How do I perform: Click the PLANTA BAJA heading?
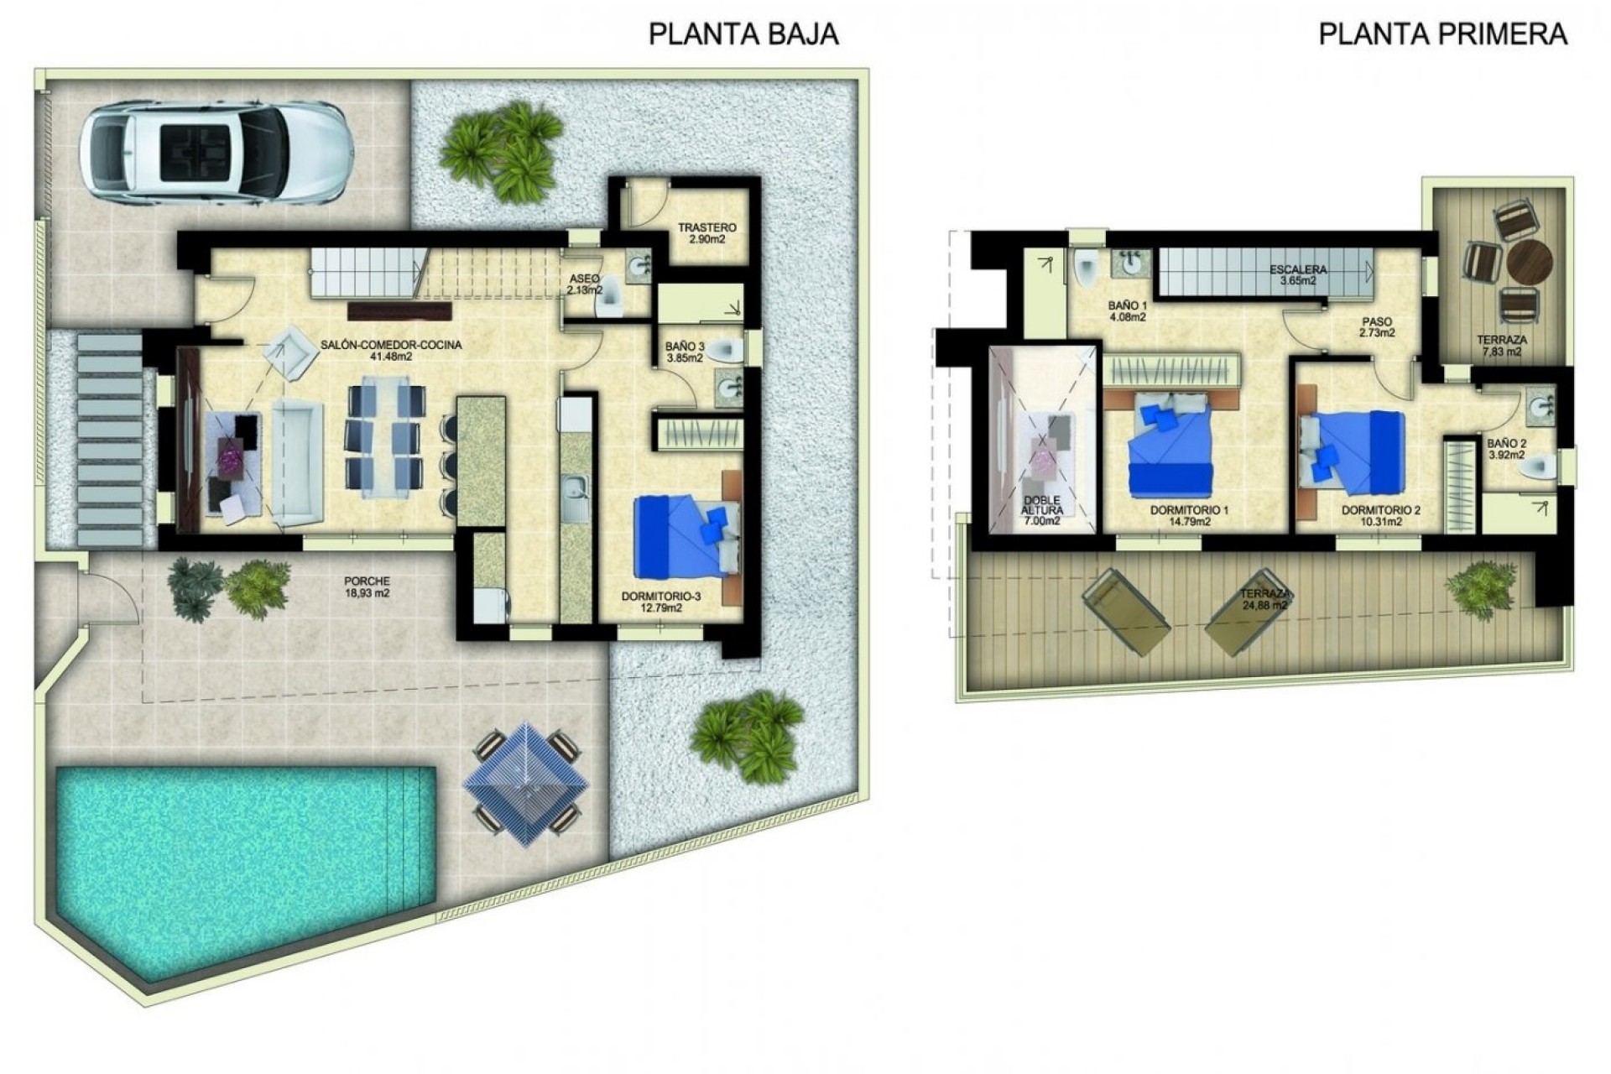743,34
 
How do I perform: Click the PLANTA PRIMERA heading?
1442,34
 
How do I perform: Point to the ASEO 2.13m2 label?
585,284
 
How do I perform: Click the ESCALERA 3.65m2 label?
1297,274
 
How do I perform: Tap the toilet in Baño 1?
1086,268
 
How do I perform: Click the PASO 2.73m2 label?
1377,326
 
